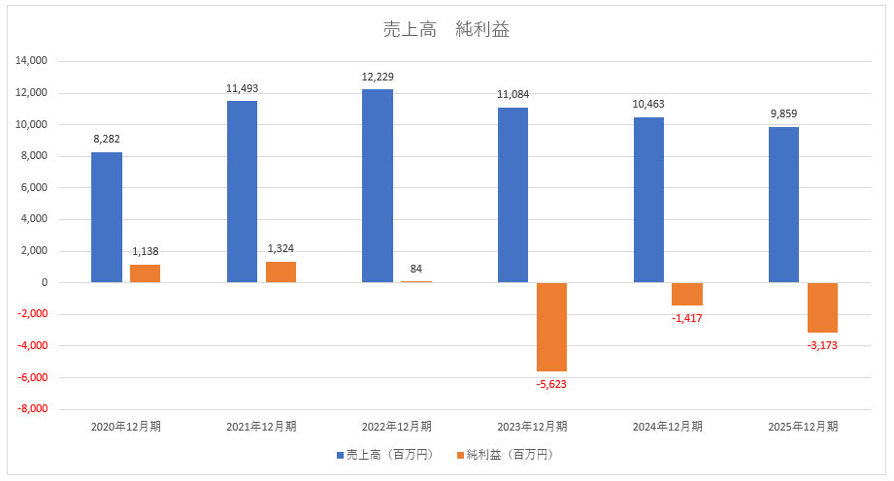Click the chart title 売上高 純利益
[x=447, y=30]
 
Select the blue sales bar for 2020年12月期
[x=107, y=217]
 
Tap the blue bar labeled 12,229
[x=378, y=185]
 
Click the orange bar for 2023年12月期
[x=551, y=327]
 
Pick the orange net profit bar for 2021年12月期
[x=281, y=273]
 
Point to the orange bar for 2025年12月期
[x=822, y=307]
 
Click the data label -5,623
[x=551, y=384]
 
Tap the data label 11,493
[x=242, y=88]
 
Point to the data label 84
[x=416, y=269]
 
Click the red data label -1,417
[x=687, y=318]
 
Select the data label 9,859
[x=783, y=114]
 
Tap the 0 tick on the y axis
[x=44, y=283]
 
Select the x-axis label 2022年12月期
[x=397, y=426]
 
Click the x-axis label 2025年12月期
[x=803, y=426]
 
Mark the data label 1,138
[x=146, y=251]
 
